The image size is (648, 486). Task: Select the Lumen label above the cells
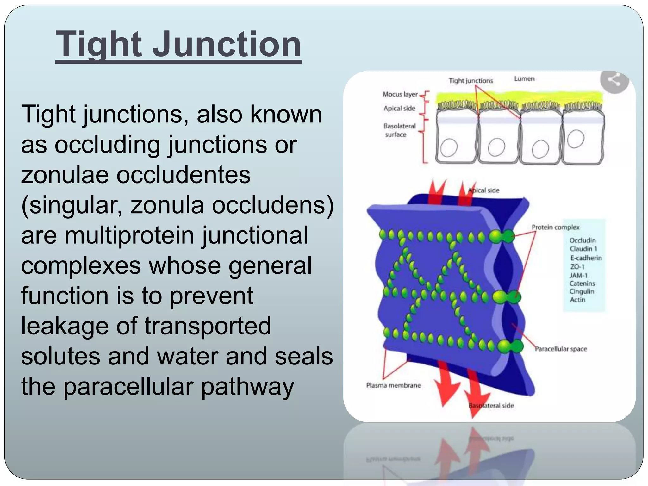pos(524,79)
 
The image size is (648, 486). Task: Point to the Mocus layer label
pos(400,94)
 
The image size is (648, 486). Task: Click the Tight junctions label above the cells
pos(470,81)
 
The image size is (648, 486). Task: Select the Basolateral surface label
pos(399,130)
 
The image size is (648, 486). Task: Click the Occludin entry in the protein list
pos(582,240)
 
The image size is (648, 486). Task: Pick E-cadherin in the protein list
pos(586,258)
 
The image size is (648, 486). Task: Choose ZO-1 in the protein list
pos(577,267)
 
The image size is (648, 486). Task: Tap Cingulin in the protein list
pos(582,291)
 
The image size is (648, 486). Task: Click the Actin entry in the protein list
pos(577,300)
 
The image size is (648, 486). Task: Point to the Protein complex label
pos(555,227)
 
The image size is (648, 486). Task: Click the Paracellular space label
pos(561,349)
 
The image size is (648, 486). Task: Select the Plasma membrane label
pos(393,385)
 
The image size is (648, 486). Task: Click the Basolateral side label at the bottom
pos(491,406)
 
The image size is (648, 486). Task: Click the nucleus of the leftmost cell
pos(449,148)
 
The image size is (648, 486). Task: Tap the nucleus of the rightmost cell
pos(575,139)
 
